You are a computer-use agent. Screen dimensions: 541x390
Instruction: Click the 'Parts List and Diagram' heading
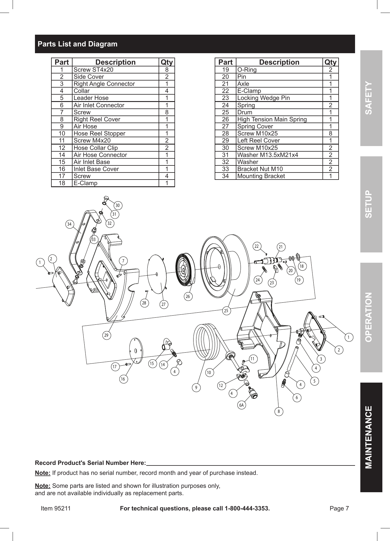pyautogui.click(x=78, y=44)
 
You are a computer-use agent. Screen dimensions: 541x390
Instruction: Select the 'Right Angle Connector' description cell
pyautogui.click(x=104, y=84)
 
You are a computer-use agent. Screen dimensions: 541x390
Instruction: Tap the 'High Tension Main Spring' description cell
pyautogui.click(x=272, y=119)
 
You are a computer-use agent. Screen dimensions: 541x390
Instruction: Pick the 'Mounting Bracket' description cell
pyautogui.click(x=261, y=176)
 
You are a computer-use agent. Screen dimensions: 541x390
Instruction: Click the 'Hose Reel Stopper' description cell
pyautogui.click(x=99, y=133)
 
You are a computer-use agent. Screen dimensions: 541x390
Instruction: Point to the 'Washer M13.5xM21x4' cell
pyautogui.click(x=268, y=155)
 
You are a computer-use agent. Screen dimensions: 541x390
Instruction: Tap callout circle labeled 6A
pyautogui.click(x=241, y=405)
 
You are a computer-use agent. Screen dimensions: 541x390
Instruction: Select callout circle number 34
pyautogui.click(x=69, y=224)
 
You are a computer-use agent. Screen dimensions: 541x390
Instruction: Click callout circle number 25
pyautogui.click(x=226, y=311)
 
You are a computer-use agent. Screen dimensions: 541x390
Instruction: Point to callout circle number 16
pyautogui.click(x=123, y=379)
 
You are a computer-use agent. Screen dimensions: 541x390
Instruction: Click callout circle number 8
pyautogui.click(x=279, y=412)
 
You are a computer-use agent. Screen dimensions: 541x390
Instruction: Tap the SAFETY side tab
pyautogui.click(x=371, y=98)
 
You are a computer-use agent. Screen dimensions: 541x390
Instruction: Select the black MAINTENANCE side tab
pyautogui.click(x=371, y=437)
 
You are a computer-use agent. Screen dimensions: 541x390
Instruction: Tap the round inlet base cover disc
pyautogui.click(x=136, y=351)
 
